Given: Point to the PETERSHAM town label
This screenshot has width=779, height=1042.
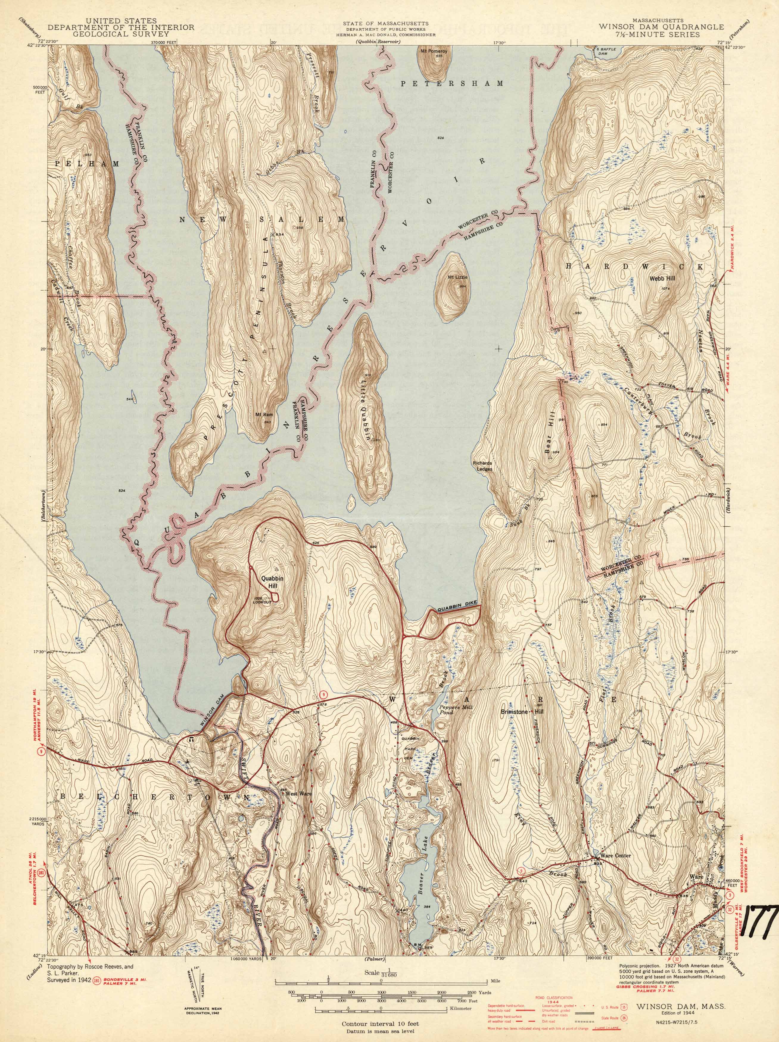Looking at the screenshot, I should pyautogui.click(x=452, y=83).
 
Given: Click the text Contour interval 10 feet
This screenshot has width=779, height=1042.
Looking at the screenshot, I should pyautogui.click(x=381, y=1020).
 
